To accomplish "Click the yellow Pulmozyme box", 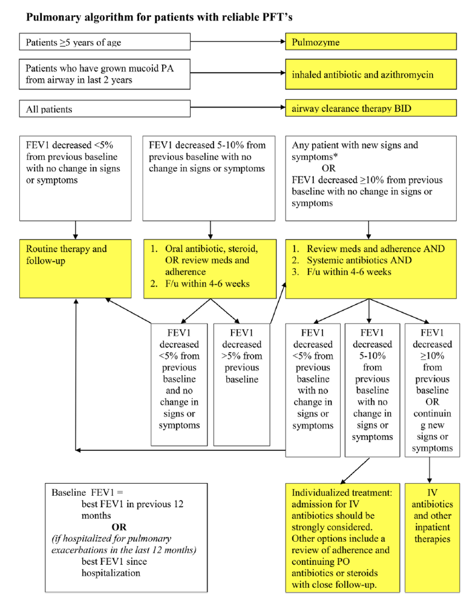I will (x=371, y=42).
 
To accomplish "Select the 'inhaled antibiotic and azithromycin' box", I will (x=371, y=75).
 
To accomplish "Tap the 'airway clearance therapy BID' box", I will (x=371, y=110).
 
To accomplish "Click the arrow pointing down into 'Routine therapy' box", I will (x=76, y=229).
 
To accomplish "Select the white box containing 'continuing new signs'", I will (x=432, y=389).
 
